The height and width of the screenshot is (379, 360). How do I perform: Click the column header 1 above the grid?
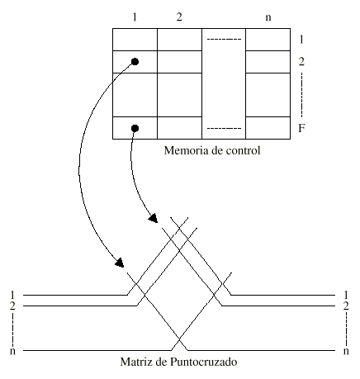(x=135, y=17)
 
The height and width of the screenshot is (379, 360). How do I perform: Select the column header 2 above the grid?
(x=179, y=17)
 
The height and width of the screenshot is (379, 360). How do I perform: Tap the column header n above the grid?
(x=268, y=17)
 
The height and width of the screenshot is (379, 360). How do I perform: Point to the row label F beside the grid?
(x=301, y=128)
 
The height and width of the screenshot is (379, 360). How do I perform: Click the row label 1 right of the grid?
(x=301, y=40)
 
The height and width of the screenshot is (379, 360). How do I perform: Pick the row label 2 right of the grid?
(x=301, y=62)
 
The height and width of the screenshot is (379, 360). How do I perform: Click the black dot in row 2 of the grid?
(x=135, y=62)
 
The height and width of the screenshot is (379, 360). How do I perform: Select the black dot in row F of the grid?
(x=135, y=128)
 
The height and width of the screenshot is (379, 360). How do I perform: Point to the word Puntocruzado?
(x=203, y=362)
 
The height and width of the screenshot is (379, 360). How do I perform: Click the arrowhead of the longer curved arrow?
(x=120, y=263)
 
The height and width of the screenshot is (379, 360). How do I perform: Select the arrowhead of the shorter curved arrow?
(x=153, y=218)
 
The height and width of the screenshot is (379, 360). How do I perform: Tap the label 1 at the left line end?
(x=12, y=295)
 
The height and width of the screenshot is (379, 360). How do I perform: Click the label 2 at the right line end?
(x=346, y=306)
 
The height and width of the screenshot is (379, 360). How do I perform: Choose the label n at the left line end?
(x=12, y=351)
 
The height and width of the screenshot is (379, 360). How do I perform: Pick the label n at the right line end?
(x=346, y=351)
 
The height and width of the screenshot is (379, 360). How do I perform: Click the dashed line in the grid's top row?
(x=224, y=40)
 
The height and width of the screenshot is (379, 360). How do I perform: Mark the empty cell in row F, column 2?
(x=179, y=128)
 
